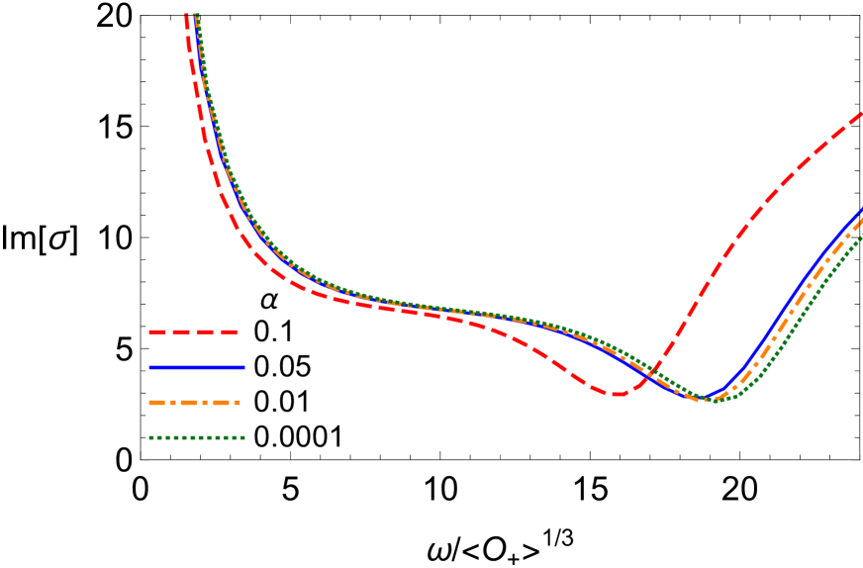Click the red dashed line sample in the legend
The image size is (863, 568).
pyautogui.click(x=194, y=332)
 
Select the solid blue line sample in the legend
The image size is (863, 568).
pyautogui.click(x=197, y=367)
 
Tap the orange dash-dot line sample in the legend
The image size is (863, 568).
pyautogui.click(x=195, y=403)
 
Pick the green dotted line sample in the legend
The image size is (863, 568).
pyautogui.click(x=197, y=437)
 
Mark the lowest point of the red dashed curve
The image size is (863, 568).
pyautogui.click(x=617, y=394)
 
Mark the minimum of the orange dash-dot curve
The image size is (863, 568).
pyautogui.click(x=709, y=399)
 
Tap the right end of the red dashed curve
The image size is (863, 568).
pyautogui.click(x=861, y=113)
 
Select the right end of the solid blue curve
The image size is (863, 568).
pyautogui.click(x=861, y=210)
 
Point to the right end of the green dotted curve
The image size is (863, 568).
pyautogui.click(x=861, y=235)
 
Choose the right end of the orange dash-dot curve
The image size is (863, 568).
pyautogui.click(x=861, y=220)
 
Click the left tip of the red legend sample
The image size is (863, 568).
pyautogui.click(x=148, y=332)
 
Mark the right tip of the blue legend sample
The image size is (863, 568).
pyautogui.click(x=244, y=367)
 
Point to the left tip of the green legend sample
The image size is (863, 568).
pyautogui.click(x=148, y=437)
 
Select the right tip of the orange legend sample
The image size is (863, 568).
pyautogui.click(x=240, y=403)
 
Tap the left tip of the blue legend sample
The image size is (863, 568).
pyautogui.click(x=148, y=367)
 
